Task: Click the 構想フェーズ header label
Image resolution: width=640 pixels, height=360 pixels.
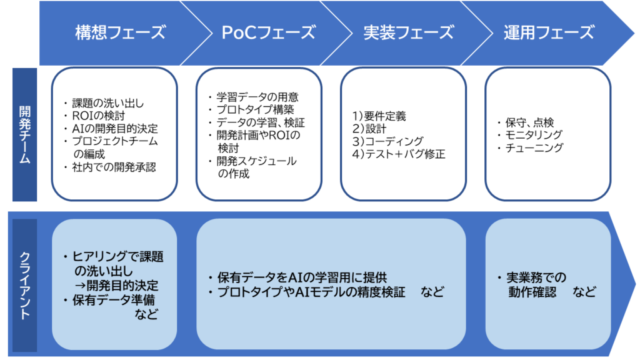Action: (121, 32)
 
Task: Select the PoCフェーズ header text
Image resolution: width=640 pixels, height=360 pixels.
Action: (269, 32)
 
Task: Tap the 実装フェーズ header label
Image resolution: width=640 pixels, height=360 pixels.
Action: (409, 32)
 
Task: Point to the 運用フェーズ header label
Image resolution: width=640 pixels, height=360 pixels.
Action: (549, 32)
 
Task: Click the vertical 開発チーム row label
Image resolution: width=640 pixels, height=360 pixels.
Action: (25, 135)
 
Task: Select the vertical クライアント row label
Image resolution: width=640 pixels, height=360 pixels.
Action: (25, 286)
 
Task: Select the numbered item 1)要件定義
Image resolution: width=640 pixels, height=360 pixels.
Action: (379, 116)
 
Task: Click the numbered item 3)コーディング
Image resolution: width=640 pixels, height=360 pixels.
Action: (387, 141)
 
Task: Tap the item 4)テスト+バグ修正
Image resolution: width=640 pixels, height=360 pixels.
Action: (399, 154)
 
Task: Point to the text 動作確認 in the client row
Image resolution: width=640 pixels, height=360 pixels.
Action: (532, 292)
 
